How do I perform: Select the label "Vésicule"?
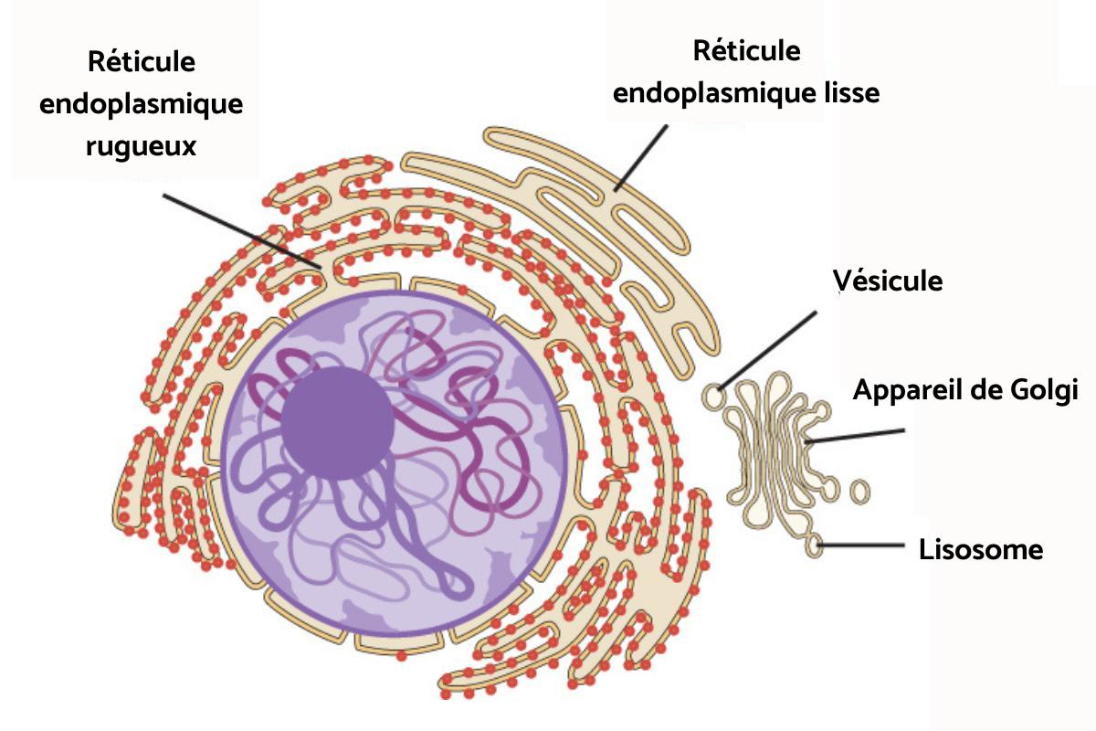(x=887, y=281)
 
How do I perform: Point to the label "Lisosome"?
(x=981, y=550)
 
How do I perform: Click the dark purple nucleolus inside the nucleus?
(x=337, y=423)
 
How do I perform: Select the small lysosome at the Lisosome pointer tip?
(x=814, y=546)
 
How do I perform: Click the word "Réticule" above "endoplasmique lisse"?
(x=746, y=50)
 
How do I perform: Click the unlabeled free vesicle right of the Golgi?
(x=859, y=491)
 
